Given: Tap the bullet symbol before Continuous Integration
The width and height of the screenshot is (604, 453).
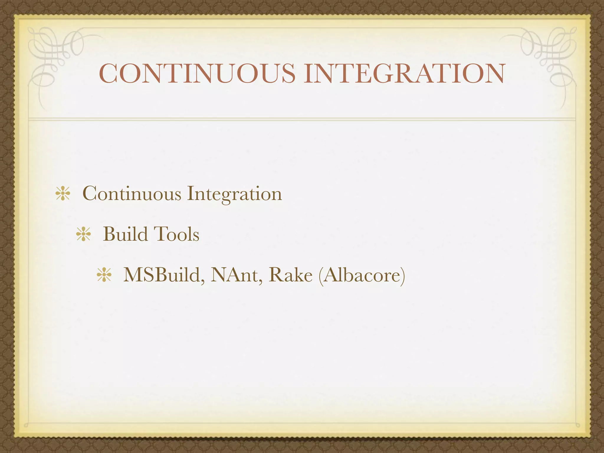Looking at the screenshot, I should point(63,194).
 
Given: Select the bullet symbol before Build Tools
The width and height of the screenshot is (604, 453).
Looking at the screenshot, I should point(83,235).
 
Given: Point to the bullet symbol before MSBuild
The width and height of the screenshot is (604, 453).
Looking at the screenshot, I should point(104,275).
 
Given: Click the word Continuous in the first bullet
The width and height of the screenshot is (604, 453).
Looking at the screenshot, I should point(132,194).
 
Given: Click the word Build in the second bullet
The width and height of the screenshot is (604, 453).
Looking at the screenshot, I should point(125,234).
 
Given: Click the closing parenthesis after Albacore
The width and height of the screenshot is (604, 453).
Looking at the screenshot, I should point(402,275).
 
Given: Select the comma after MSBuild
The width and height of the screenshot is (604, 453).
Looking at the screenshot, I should point(203,282).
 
